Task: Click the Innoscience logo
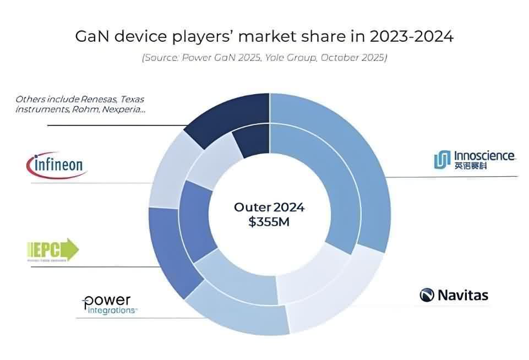tap(474, 159)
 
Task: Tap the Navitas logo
tap(454, 295)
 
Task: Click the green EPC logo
tap(53, 250)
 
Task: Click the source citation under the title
tap(264, 57)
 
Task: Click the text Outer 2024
tap(269, 208)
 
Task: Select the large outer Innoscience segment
tap(352, 160)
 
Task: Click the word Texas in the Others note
tap(132, 100)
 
